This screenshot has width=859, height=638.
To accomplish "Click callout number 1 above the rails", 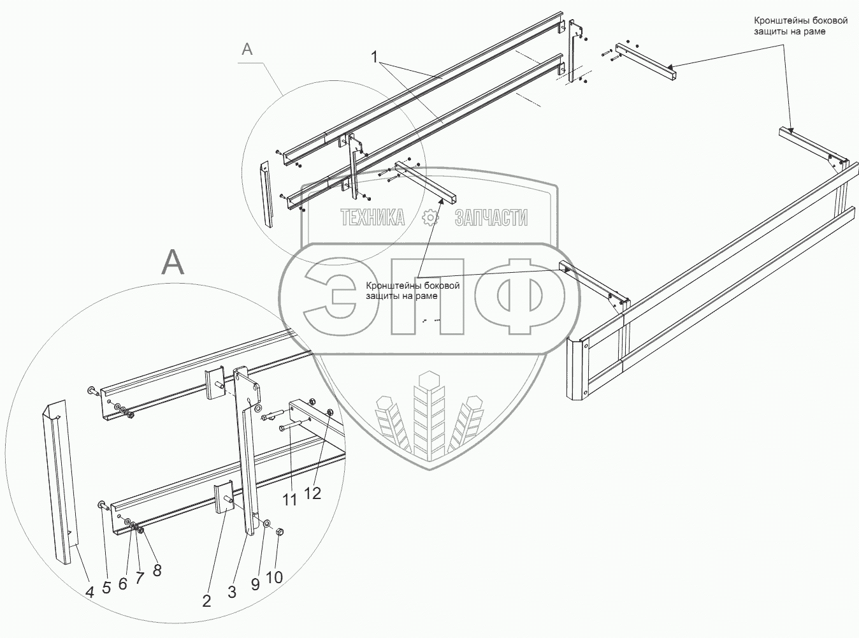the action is (377, 57).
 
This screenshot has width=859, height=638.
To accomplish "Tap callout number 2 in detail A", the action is (206, 600).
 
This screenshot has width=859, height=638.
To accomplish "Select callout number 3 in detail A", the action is (232, 592).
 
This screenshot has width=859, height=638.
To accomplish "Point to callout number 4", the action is (90, 592).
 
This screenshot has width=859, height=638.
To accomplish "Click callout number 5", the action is (106, 588).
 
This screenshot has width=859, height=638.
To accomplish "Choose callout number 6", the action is (123, 583).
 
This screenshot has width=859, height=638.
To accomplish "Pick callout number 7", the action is (140, 577).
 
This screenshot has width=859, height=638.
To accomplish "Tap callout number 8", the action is (157, 570).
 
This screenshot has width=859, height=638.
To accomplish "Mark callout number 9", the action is (255, 584).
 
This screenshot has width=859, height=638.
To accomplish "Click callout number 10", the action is (274, 577).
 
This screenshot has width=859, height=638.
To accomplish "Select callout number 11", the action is (290, 500).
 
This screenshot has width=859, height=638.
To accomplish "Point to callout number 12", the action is (312, 493).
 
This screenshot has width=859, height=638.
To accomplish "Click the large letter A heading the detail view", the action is (173, 261).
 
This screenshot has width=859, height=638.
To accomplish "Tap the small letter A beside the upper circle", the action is (247, 49).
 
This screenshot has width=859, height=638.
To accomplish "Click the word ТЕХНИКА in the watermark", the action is (373, 218).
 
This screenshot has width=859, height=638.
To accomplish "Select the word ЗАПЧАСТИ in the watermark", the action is (491, 218).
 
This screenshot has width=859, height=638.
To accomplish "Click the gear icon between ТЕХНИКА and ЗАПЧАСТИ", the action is (431, 218).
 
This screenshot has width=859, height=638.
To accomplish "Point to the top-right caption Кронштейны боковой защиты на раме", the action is (800, 25).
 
